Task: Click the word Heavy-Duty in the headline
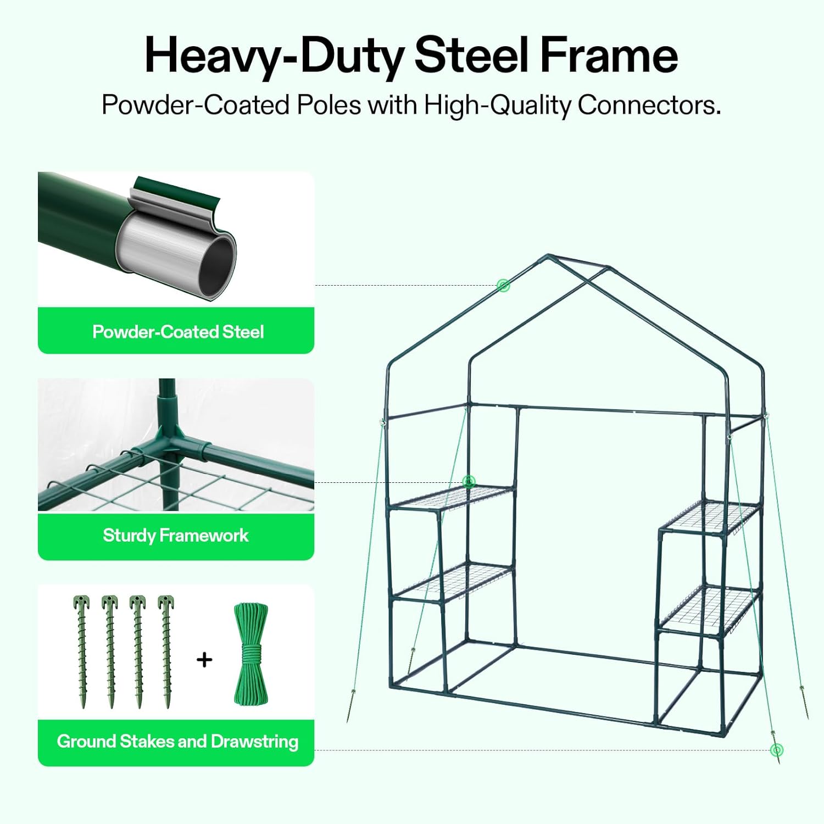(275, 56)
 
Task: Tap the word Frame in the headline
(609, 55)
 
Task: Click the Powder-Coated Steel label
(178, 332)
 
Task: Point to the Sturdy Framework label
(176, 536)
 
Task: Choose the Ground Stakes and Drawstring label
(177, 742)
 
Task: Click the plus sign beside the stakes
(204, 659)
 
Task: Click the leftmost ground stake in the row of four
(81, 652)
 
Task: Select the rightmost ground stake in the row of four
(166, 652)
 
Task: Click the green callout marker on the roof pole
(503, 285)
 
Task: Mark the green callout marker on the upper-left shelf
(469, 482)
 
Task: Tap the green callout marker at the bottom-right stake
(776, 750)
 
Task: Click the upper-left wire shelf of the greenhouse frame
(452, 498)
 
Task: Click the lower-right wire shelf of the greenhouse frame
(710, 610)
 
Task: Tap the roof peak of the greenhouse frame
(548, 255)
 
